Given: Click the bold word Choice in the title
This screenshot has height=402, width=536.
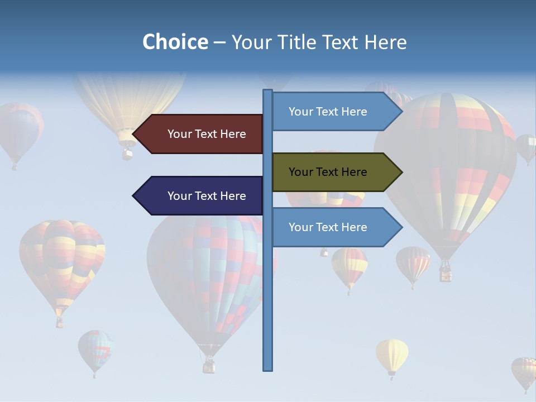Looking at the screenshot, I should (175, 42).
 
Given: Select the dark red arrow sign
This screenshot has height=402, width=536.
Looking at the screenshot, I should (201, 134).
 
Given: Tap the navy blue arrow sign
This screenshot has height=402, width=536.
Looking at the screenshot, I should (201, 196).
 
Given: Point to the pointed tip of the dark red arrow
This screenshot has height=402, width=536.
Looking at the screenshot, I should (134, 134).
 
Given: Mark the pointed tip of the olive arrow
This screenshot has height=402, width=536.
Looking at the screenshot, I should (401, 172).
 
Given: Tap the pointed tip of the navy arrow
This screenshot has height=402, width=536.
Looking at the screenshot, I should (134, 196).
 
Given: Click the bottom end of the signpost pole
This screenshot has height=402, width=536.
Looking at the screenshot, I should (267, 368).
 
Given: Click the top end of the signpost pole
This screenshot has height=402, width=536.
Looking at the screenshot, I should (267, 91).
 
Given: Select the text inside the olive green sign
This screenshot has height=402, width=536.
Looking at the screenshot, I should (328, 172).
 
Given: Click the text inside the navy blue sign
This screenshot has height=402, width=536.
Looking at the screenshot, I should (207, 196).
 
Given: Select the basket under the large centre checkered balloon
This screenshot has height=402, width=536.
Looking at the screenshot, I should (209, 366).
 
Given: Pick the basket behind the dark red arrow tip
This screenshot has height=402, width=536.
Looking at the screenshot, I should (128, 152).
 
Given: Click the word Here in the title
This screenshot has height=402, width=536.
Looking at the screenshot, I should (385, 42).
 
